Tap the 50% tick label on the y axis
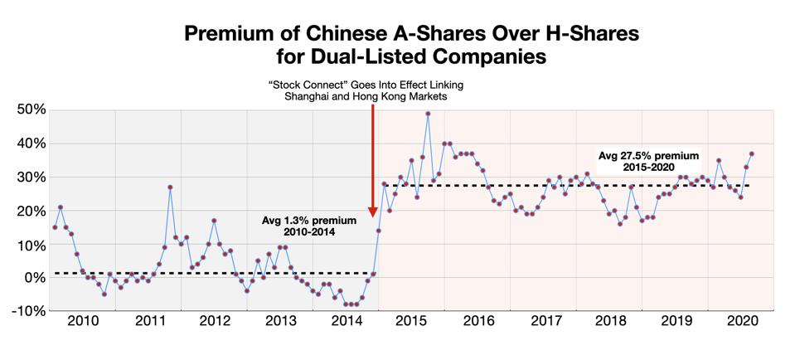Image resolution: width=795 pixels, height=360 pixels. [30, 109]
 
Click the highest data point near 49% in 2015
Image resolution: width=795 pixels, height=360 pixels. [428, 114]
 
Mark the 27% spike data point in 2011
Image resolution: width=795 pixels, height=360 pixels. [170, 187]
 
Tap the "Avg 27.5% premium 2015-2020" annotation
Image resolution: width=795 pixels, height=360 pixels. [649, 162]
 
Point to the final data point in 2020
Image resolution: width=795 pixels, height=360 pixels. [751, 153]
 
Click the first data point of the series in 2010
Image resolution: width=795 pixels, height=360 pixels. [55, 227]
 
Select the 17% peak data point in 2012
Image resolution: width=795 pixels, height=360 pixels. [214, 221]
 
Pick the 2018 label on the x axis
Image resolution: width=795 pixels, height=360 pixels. [611, 321]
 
